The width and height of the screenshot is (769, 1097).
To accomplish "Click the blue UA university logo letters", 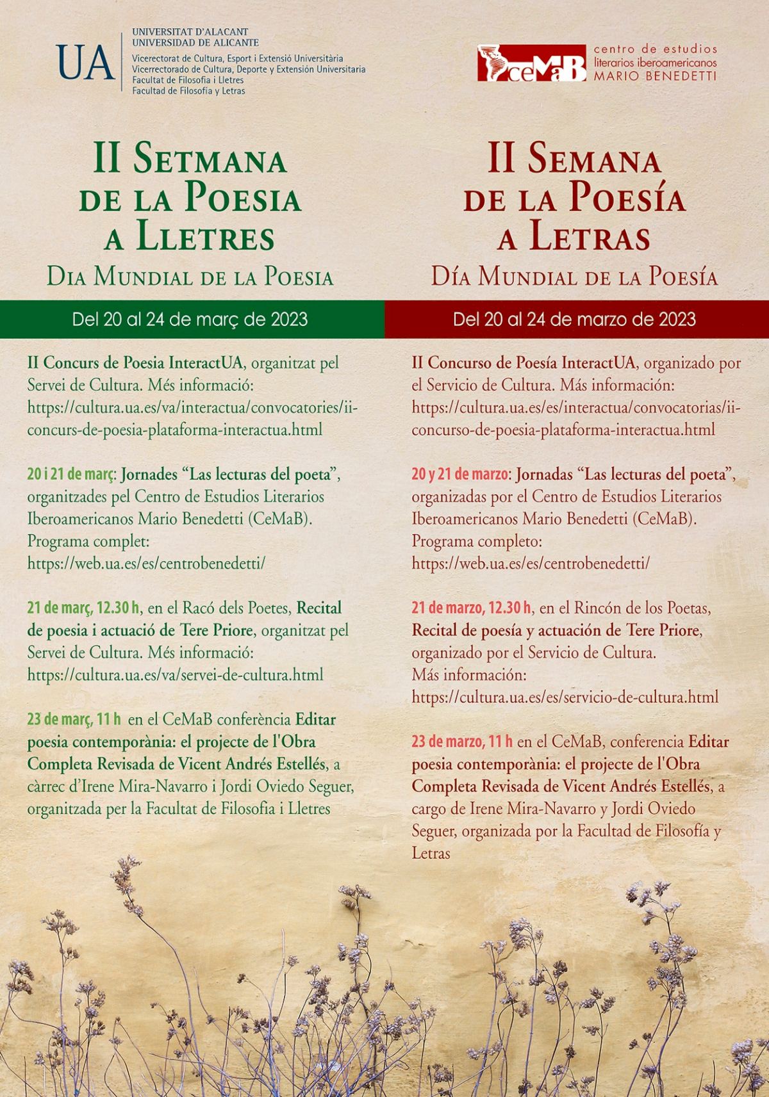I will [x=85, y=62].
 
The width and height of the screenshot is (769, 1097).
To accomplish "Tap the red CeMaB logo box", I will [x=531, y=63].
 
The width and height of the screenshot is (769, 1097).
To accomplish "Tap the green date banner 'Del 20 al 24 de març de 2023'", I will [x=190, y=319].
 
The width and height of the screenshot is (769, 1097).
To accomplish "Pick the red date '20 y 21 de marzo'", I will [x=460, y=475].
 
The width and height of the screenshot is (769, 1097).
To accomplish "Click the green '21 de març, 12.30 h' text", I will [x=83, y=607].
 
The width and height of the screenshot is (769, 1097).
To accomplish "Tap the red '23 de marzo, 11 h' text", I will [x=462, y=742].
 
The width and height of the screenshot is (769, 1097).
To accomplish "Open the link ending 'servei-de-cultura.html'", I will [x=175, y=674].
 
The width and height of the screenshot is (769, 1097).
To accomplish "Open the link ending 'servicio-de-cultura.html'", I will [x=565, y=697].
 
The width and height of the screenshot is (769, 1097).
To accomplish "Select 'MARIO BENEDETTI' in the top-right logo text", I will [x=655, y=76].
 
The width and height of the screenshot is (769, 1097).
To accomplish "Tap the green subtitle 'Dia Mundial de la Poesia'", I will [x=190, y=277].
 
